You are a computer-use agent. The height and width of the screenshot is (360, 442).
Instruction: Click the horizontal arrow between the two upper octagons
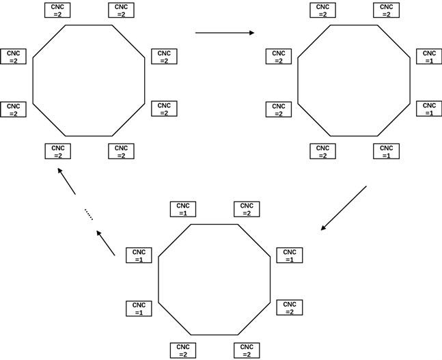coord(224,32)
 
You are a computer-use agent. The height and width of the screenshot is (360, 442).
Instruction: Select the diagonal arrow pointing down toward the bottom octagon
coord(344,207)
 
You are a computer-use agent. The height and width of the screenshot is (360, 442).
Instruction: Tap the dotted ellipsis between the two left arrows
coord(88,214)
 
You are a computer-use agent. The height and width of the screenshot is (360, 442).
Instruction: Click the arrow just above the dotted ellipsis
coord(67,182)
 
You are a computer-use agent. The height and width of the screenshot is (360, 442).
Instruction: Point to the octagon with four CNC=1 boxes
coord(215,279)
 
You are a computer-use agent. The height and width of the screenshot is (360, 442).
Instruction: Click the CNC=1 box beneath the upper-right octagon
coord(385,151)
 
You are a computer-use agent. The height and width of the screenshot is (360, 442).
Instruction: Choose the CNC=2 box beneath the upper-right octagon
coord(322,151)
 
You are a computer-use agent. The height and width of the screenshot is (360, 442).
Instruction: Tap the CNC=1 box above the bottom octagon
coord(183,209)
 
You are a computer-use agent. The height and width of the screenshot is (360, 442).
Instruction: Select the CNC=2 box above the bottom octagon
coord(247,209)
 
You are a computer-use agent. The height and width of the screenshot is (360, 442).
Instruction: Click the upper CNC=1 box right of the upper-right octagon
coord(428,57)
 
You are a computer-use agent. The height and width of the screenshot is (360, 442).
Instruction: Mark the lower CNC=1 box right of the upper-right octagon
coord(428,109)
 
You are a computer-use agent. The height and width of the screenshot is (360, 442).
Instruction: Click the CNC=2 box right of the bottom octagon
coord(289,307)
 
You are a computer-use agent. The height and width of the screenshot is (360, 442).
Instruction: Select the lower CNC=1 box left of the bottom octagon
coord(139,308)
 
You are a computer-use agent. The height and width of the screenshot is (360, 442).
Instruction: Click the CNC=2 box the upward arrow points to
coord(57,151)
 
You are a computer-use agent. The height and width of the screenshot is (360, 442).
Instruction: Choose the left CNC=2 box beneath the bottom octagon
coord(183,350)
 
